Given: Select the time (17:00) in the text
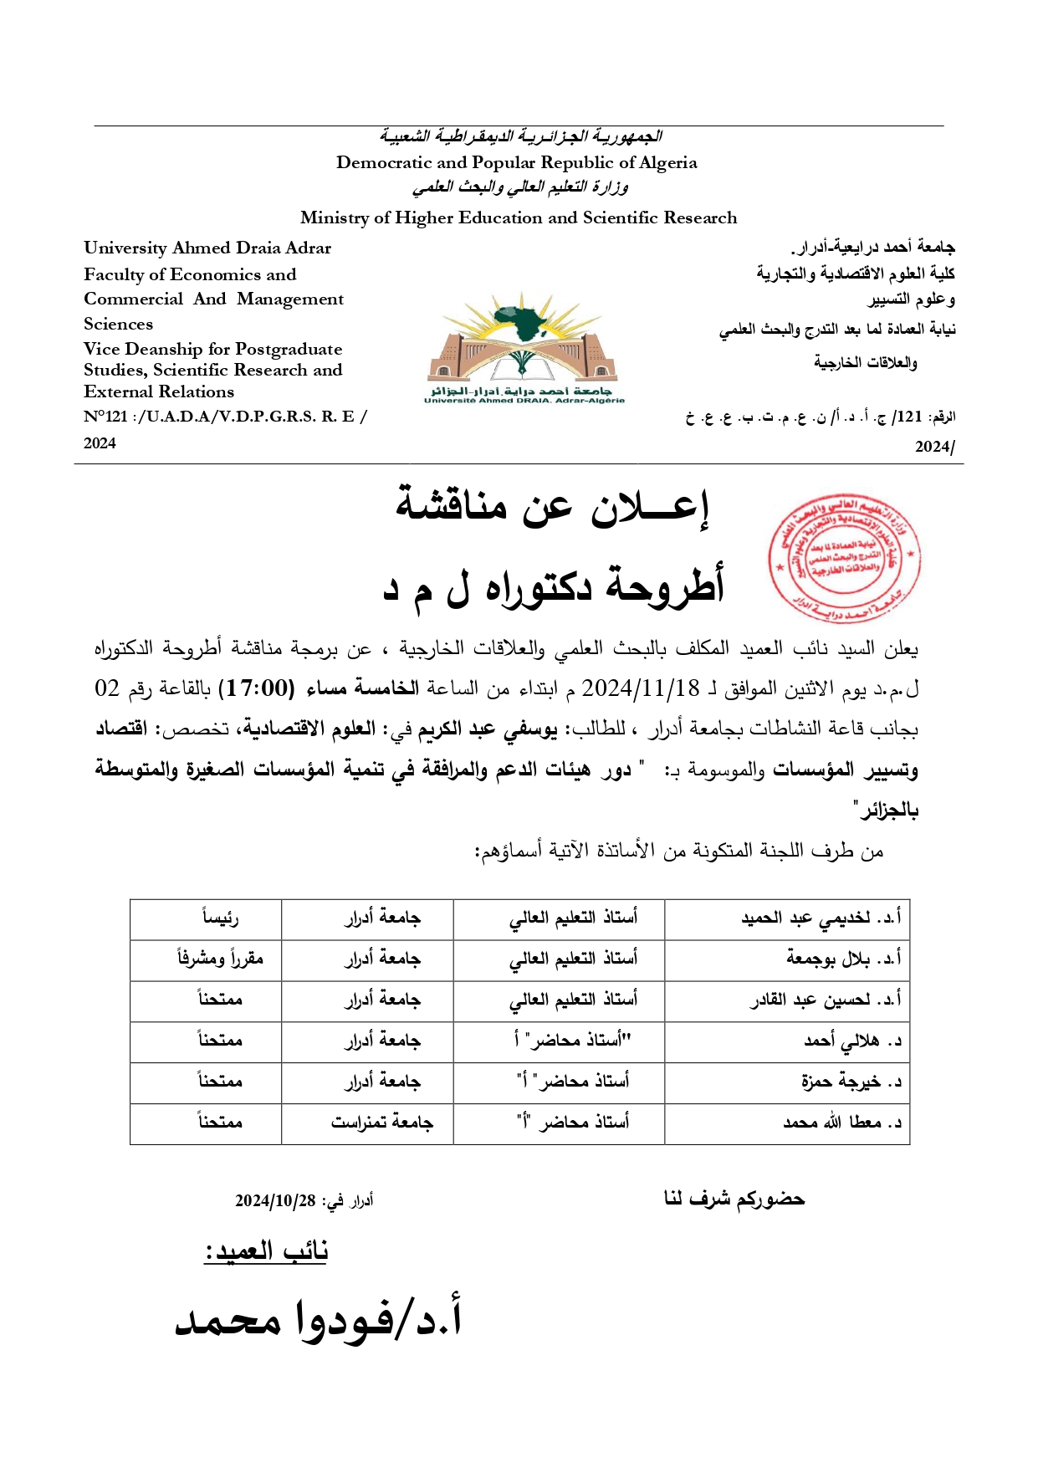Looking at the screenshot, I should tap(256, 688).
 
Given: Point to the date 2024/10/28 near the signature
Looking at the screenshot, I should tap(275, 1201).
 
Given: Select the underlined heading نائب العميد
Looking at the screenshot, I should tap(266, 1251).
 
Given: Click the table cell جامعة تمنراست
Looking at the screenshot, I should tap(381, 1123).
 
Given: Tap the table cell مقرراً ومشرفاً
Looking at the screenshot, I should tap(220, 959).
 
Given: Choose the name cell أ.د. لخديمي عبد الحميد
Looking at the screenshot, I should tap(821, 918).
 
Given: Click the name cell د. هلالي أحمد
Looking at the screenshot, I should tap(852, 1041).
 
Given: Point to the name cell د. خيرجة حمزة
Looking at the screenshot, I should tap(851, 1082).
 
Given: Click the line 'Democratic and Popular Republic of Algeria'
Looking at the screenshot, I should tap(516, 162).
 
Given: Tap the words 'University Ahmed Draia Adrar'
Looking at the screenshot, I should tap(207, 248).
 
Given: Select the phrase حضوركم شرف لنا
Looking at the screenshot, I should tap(734, 1199).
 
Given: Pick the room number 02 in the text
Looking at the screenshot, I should tap(107, 688).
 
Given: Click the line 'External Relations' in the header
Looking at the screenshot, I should tap(159, 391).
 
